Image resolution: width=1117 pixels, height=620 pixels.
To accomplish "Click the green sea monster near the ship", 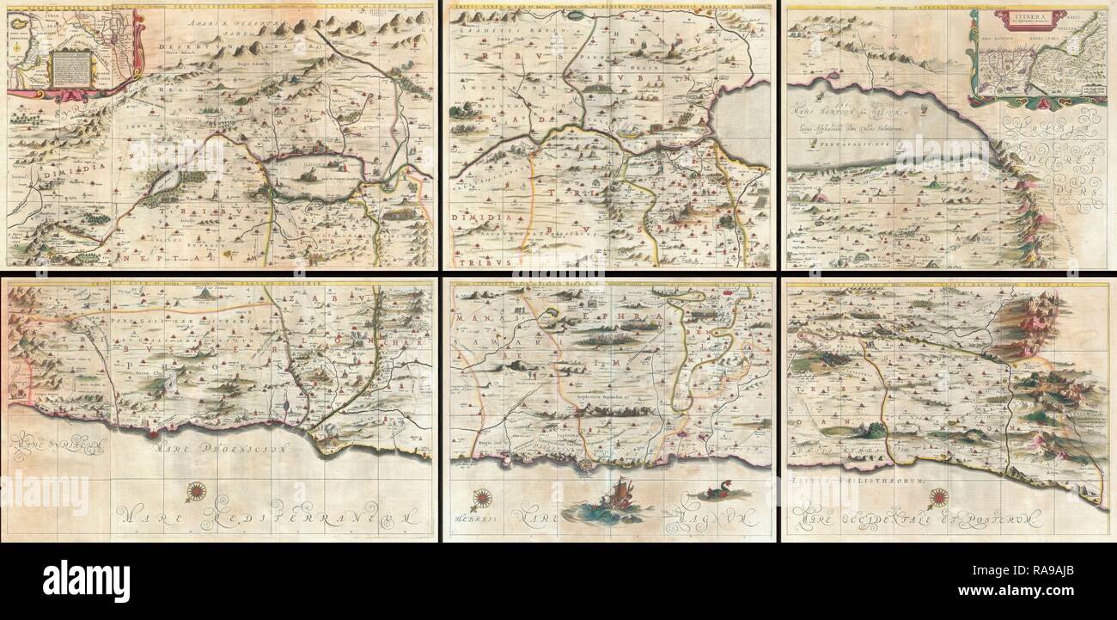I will (x=710, y=493).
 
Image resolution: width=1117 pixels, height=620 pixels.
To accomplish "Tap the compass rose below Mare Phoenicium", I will (x=197, y=493).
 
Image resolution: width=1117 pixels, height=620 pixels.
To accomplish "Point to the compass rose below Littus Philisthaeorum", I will (x=938, y=496).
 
